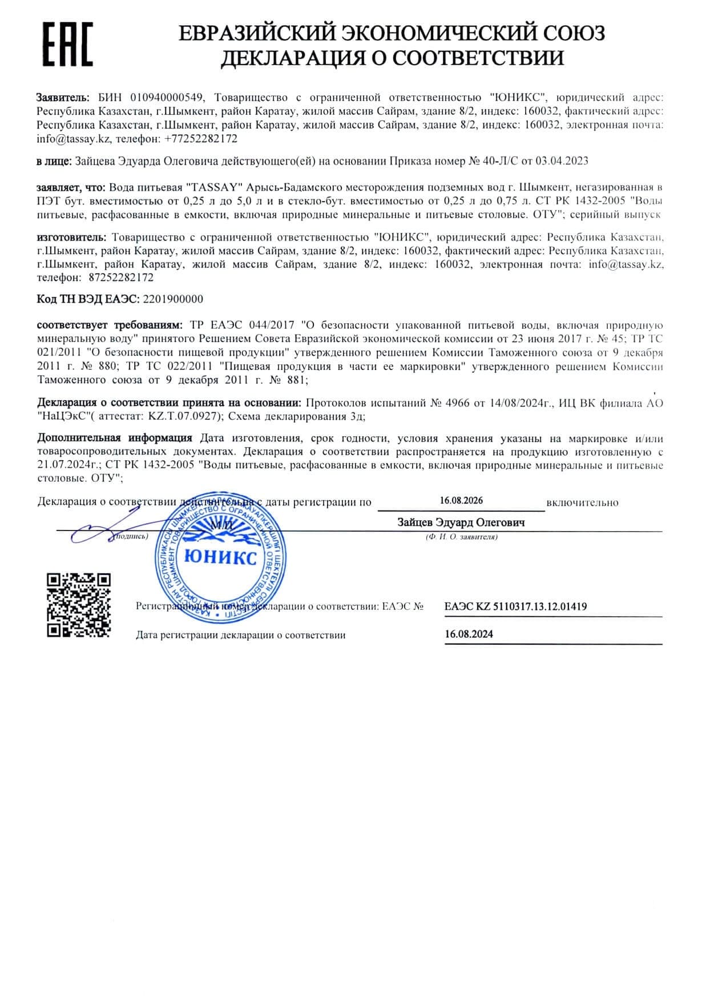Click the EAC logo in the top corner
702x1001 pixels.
68,45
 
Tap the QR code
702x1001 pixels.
78,605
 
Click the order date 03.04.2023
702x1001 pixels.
562,161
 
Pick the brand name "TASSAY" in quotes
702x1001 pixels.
215,187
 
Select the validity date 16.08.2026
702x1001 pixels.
461,500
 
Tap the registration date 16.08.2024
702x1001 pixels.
469,634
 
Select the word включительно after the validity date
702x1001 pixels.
582,502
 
